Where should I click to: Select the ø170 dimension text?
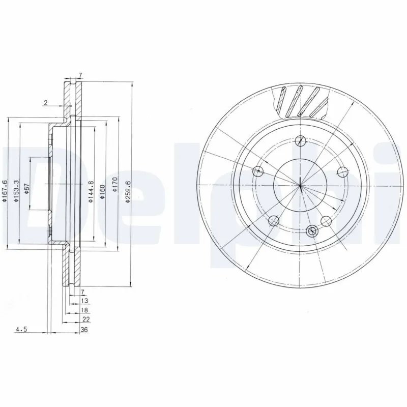[115, 185]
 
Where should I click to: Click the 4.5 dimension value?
[21, 330]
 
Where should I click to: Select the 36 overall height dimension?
[84, 330]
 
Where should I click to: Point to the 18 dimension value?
[84, 310]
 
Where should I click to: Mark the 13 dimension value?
[84, 301]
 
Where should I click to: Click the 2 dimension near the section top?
[45, 103]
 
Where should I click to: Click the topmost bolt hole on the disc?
[301, 141]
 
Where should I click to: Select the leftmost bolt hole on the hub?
[259, 171]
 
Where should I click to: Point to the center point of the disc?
[301, 185]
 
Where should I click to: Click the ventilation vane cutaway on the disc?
[300, 102]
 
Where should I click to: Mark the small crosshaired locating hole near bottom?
[311, 230]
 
